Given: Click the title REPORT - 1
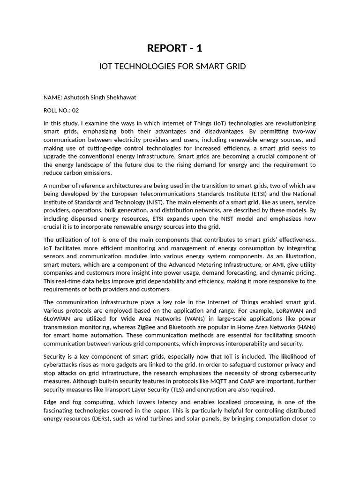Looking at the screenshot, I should (x=174, y=48).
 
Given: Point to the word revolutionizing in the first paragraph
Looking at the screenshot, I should (x=292, y=123).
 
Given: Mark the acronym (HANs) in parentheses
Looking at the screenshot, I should (x=304, y=327).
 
